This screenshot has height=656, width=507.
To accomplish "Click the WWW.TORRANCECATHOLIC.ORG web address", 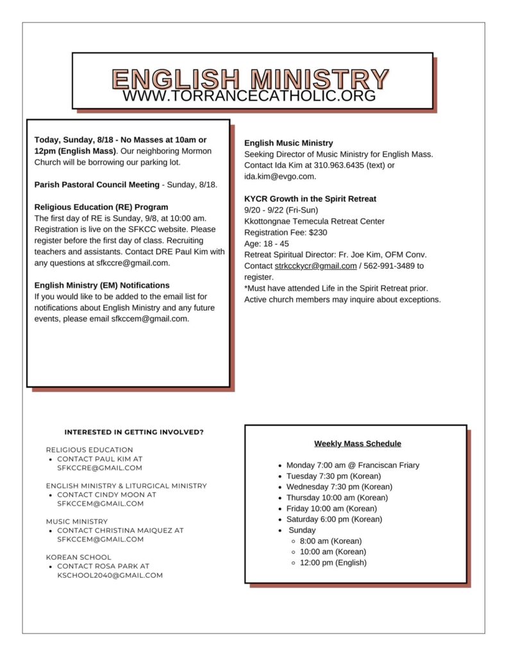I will point(249,96).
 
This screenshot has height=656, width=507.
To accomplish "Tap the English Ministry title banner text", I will point(250,78).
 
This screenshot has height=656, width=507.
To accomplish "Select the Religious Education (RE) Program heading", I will point(101,207).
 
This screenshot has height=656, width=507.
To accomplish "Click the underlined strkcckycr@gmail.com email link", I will point(316,266).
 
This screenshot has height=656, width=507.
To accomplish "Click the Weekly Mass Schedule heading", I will point(357,443).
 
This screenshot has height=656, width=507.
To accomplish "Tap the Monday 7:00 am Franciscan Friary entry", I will point(353,465).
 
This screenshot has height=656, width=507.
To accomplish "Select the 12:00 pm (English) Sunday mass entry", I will point(333,562).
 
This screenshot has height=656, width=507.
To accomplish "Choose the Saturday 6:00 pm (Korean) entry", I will point(334,519).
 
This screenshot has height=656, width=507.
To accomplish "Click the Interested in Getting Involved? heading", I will point(134,432).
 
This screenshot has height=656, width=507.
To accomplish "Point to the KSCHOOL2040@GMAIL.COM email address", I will point(110,575).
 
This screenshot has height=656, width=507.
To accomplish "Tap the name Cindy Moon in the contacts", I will point(125,495).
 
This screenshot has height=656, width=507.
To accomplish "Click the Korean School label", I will point(78,557).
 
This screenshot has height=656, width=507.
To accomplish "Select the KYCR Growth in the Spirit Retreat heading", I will point(310,199).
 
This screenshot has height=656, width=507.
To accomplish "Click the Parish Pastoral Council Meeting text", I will point(97,184).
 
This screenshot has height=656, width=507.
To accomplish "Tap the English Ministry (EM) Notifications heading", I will point(102,285).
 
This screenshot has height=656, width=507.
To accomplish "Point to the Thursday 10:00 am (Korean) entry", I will point(337,497).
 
